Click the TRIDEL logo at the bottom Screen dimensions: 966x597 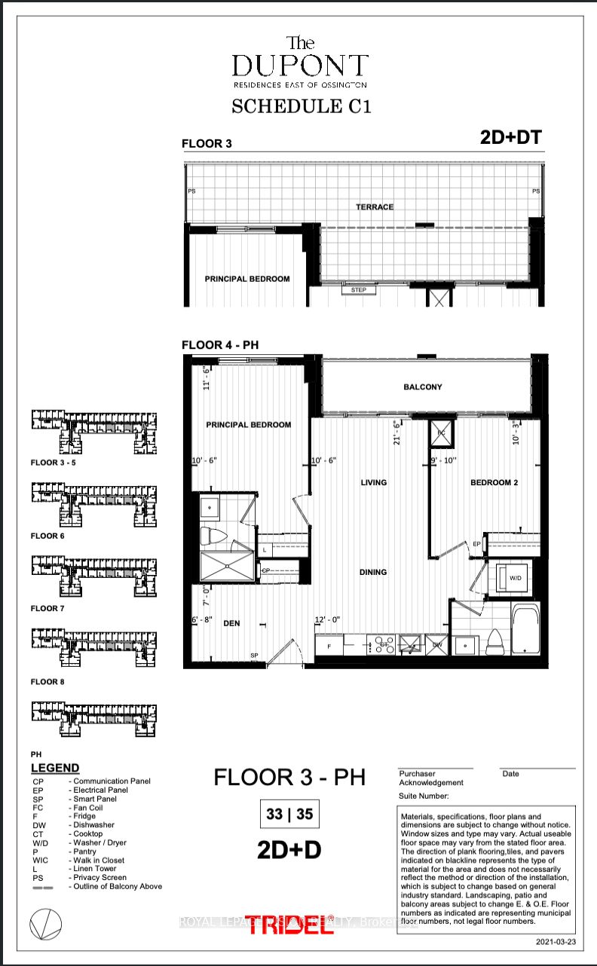[x=289, y=925]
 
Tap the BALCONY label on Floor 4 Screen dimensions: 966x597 [x=422, y=387]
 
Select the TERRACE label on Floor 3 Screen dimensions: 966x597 [x=375, y=206]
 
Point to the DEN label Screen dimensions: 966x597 [x=231, y=623]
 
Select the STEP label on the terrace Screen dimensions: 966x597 [x=358, y=289]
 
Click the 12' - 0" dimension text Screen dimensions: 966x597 [x=328, y=620]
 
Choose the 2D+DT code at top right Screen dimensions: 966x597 [x=510, y=137]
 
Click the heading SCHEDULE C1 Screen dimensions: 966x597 [x=301, y=106]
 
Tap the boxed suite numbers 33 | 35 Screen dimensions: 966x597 [x=289, y=814]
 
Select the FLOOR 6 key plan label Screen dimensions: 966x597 [x=47, y=536]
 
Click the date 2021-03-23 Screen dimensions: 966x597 [x=555, y=942]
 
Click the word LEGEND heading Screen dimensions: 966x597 [x=54, y=768]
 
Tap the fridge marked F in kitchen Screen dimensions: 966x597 [x=329, y=646]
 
